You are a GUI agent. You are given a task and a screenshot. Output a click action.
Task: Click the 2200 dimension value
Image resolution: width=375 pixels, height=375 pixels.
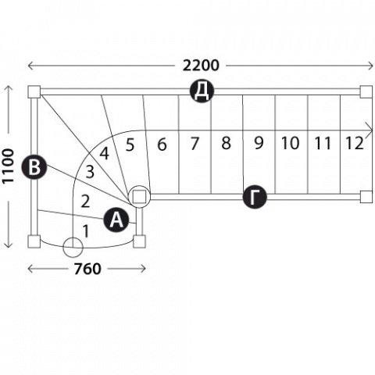point(201,66)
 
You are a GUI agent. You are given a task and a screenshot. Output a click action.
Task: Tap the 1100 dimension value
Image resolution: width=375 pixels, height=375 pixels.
point(8,166)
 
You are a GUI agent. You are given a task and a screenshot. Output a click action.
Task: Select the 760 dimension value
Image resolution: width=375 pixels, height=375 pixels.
point(87,269)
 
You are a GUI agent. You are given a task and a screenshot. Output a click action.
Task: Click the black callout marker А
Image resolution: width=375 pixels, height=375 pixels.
point(116,221)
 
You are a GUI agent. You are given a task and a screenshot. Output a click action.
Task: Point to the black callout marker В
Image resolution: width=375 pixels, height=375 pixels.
point(34,167)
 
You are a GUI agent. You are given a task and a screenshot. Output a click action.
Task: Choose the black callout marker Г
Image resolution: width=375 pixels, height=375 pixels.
point(255,198)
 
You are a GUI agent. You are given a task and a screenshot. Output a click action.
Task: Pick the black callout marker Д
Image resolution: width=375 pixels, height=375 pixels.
point(202,91)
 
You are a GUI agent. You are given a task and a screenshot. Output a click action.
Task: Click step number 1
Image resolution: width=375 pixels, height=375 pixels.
point(86,231)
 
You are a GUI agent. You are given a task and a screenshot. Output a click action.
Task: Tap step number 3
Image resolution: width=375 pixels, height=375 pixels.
point(90,172)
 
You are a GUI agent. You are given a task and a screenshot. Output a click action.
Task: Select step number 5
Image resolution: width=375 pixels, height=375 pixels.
point(130,145)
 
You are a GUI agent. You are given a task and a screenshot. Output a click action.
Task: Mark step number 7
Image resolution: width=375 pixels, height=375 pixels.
point(195,144)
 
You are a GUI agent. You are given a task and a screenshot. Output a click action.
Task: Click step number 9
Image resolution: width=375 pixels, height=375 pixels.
point(259,143)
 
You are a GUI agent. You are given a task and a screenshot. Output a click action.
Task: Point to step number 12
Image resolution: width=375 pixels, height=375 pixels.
point(355,143)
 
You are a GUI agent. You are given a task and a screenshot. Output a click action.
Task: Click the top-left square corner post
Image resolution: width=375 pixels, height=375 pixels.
point(34,91)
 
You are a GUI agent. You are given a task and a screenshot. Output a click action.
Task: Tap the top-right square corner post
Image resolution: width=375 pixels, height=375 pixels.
point(366,91)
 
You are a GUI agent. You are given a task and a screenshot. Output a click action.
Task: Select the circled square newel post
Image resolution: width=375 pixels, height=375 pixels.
point(139,197)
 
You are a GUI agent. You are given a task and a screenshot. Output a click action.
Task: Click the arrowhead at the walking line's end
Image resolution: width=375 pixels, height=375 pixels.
point(370,130)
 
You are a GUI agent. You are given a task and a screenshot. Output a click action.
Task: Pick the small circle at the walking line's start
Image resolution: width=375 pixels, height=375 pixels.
point(73,248)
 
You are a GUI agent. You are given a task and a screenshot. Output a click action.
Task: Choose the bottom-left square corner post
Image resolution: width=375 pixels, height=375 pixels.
point(34,241)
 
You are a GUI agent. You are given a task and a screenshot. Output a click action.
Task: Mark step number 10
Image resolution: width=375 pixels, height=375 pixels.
point(291,143)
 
